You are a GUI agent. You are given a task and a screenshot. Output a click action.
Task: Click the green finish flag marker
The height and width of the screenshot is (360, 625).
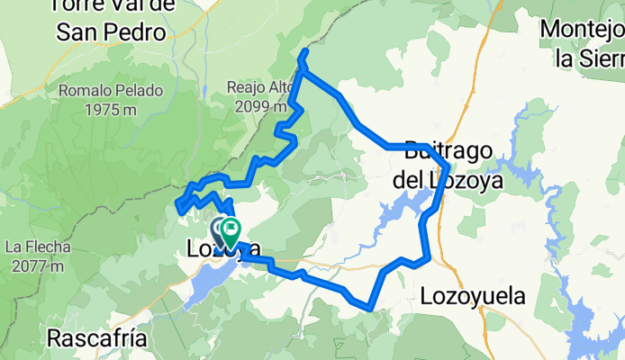[x=231, y=233]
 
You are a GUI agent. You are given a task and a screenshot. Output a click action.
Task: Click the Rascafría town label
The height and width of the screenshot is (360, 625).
[x=94, y=340]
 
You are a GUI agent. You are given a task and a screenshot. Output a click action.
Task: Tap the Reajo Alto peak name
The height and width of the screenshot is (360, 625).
[x=261, y=85]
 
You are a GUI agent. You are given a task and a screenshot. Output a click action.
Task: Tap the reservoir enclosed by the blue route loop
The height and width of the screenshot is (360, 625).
[x=396, y=214]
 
